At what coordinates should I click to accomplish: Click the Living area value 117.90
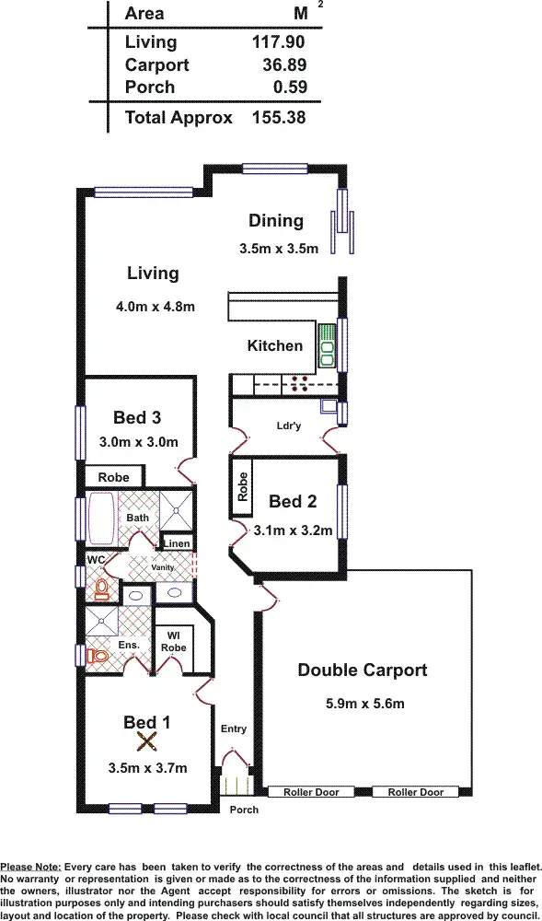pyautogui.click(x=278, y=41)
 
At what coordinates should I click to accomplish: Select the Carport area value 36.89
pyautogui.click(x=284, y=65)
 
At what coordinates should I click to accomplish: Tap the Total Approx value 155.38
pyautogui.click(x=278, y=117)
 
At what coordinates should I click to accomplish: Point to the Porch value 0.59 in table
pyautogui.click(x=290, y=88)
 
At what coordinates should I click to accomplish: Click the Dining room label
pyautogui.click(x=275, y=220)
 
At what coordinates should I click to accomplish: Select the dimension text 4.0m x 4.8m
pyautogui.click(x=156, y=307)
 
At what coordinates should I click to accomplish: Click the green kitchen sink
pyautogui.click(x=327, y=343)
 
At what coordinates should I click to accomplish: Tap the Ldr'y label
pyautogui.click(x=289, y=426)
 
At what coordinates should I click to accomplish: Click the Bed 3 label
pyautogui.click(x=137, y=417)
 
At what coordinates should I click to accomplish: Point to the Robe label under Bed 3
pyautogui.click(x=114, y=478)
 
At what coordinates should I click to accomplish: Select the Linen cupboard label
pyautogui.click(x=177, y=543)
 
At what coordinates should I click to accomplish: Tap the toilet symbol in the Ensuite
pyautogui.click(x=94, y=656)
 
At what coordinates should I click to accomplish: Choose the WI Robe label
pyautogui.click(x=173, y=641)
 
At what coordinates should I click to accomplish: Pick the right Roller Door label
pyautogui.click(x=417, y=792)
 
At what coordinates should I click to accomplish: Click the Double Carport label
pyautogui.click(x=362, y=670)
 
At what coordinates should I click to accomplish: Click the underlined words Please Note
pyautogui.click(x=31, y=867)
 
